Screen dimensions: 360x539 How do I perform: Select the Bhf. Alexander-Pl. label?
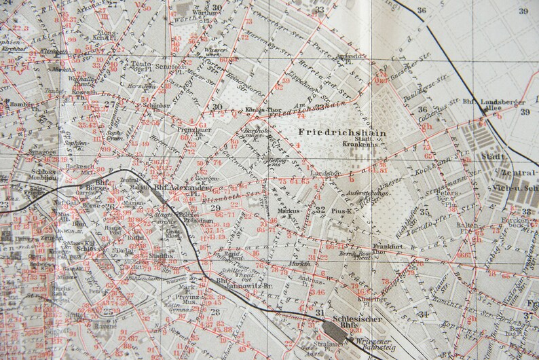(x=179, y=188)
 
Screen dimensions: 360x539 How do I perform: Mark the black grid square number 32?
(x=319, y=210)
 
